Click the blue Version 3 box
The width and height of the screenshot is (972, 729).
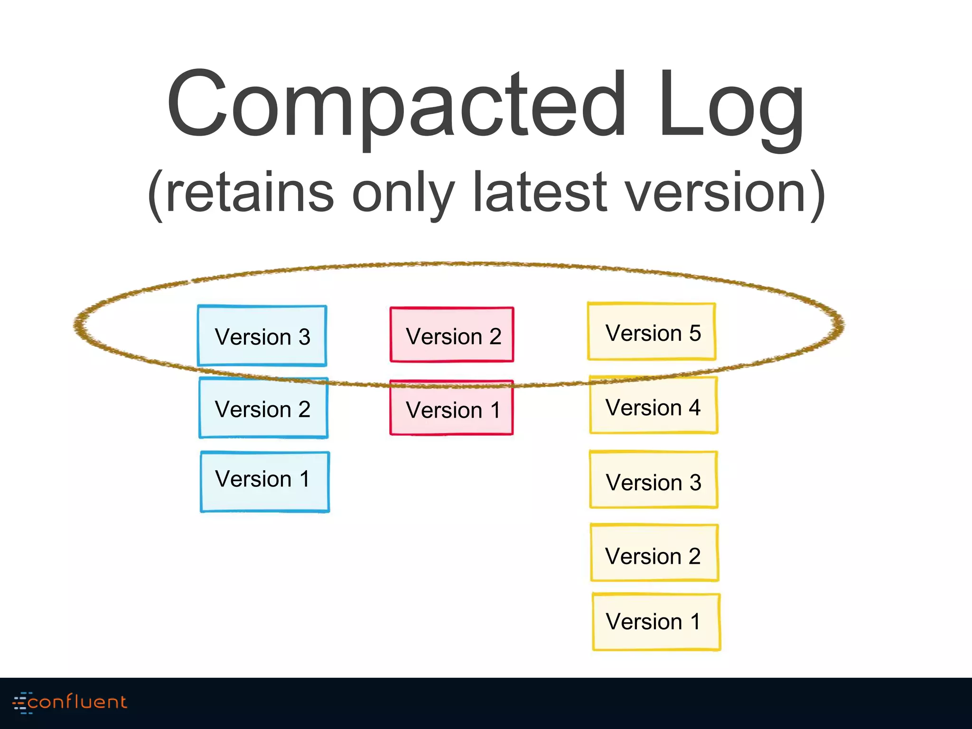pos(262,336)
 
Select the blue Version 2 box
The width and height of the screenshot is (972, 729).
pos(263,408)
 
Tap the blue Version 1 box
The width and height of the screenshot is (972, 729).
pos(265,482)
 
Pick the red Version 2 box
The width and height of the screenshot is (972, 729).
pos(452,335)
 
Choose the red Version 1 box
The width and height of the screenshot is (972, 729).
pos(451,408)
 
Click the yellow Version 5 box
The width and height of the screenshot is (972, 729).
pos(652,332)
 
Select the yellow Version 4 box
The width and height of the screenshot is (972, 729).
pos(654,406)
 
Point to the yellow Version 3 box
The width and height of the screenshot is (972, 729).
pos(654,480)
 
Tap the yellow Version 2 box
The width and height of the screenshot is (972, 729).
pos(654,553)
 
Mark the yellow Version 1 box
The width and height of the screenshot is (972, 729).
pos(656,622)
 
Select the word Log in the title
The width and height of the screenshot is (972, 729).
pos(731,107)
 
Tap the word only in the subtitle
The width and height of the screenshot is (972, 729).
pos(403,195)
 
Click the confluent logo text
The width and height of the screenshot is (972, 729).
pos(77,702)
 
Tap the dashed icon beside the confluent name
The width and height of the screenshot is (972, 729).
pos(21,702)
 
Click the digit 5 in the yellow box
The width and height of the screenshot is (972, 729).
pos(695,333)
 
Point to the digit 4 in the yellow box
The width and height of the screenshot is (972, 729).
pos(694,407)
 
